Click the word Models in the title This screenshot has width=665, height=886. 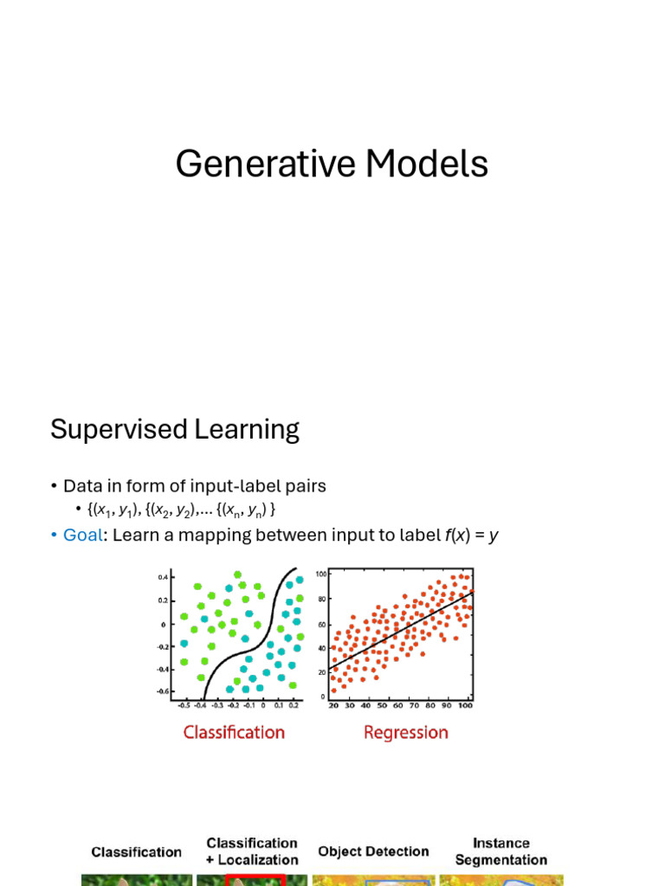[x=428, y=164]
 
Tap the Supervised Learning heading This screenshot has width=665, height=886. [x=175, y=429]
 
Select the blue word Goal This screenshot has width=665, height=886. [x=82, y=535]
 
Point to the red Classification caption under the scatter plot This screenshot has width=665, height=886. [x=234, y=732]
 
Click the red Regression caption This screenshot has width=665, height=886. [x=406, y=732]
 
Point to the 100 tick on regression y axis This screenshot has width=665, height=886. [x=321, y=575]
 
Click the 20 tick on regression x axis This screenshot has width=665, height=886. [x=333, y=706]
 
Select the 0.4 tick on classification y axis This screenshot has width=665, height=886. [x=163, y=577]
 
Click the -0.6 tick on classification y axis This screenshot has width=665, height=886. [x=162, y=691]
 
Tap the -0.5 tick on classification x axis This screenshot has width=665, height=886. [x=184, y=706]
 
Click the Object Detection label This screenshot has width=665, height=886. [x=373, y=851]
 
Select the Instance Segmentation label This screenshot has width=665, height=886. [x=501, y=851]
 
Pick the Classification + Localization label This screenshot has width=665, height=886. [x=252, y=851]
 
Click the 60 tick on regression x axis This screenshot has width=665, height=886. [x=398, y=706]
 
